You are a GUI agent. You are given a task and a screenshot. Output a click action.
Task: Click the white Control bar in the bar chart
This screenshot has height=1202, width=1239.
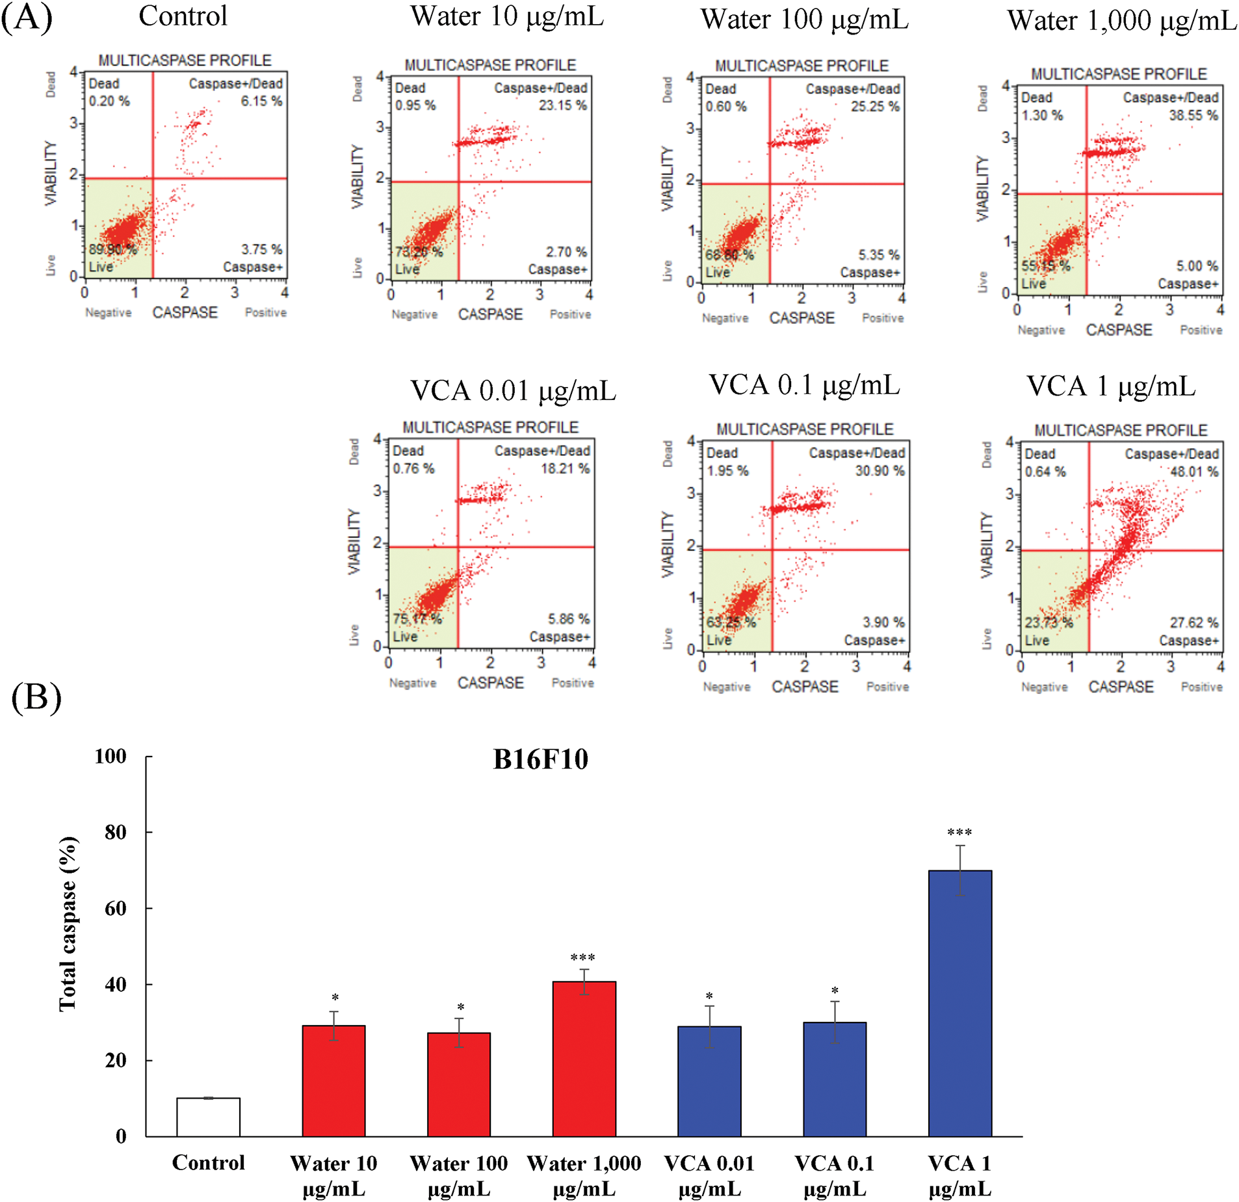[x=208, y=1117]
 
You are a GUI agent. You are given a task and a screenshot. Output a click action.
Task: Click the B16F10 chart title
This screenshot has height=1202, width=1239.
[x=540, y=759]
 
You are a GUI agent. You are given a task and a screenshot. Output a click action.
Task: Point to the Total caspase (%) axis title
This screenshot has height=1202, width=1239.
[x=68, y=924]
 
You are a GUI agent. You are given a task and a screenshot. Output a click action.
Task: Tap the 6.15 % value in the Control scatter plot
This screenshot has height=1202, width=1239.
[x=261, y=101]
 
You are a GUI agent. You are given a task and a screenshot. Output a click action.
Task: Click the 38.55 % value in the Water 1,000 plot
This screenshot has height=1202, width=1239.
[x=1193, y=116]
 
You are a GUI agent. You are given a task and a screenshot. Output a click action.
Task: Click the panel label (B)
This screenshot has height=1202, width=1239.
[x=36, y=697]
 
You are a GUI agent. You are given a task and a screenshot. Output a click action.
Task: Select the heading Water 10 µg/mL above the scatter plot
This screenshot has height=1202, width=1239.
[x=507, y=17]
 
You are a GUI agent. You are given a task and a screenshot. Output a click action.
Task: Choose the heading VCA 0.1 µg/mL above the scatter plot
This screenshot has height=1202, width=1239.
[x=804, y=385]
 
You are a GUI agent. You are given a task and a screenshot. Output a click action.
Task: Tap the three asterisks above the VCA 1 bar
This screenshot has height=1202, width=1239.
[x=959, y=833]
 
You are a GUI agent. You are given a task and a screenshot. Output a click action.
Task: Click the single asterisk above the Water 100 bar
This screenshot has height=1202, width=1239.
[x=460, y=1008]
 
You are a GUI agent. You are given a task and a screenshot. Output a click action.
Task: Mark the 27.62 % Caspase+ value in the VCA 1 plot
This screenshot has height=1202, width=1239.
[x=1194, y=622]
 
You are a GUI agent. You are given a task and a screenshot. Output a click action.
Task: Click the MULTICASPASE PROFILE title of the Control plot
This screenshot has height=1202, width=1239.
[x=185, y=60]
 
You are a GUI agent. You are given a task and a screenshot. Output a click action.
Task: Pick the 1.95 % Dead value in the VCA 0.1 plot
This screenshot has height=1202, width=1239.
[x=727, y=471]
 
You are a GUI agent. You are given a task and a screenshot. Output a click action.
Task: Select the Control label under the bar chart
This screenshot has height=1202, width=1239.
[x=208, y=1162]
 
